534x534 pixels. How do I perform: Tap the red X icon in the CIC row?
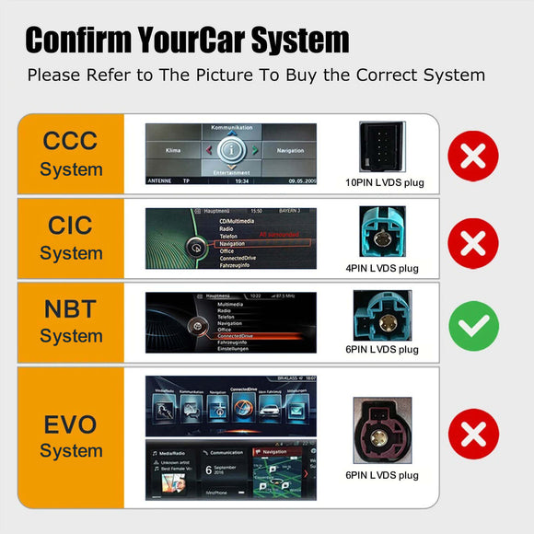pyautogui.click(x=473, y=241)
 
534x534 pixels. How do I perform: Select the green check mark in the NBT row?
pyautogui.click(x=473, y=324)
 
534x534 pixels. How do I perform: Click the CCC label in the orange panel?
pyautogui.click(x=71, y=141)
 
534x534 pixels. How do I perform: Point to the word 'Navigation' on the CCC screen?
pyautogui.click(x=289, y=150)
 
